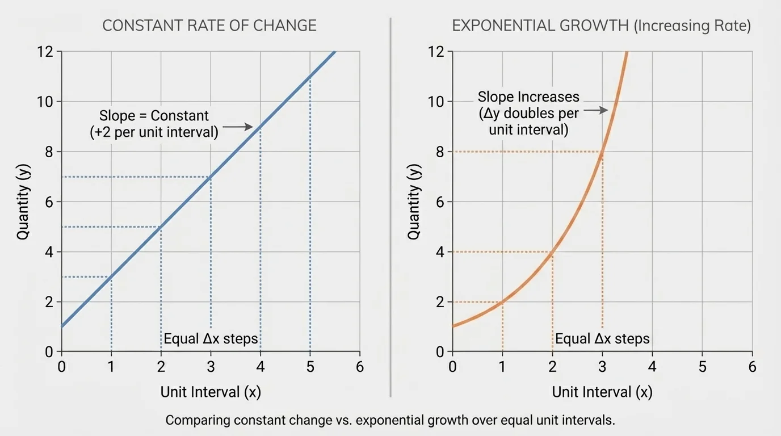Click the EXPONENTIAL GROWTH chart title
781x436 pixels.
pos(601,26)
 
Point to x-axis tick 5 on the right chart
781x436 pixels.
pos(702,366)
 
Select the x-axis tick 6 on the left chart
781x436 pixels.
pos(359,366)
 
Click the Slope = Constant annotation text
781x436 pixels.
pos(154,124)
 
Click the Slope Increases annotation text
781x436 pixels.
pos(528,113)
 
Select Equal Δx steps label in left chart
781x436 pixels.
pos(211,339)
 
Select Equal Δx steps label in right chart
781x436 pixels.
pos(602,339)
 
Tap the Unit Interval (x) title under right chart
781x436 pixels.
pos(602,392)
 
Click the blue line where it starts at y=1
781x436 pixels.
pos(62,326)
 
